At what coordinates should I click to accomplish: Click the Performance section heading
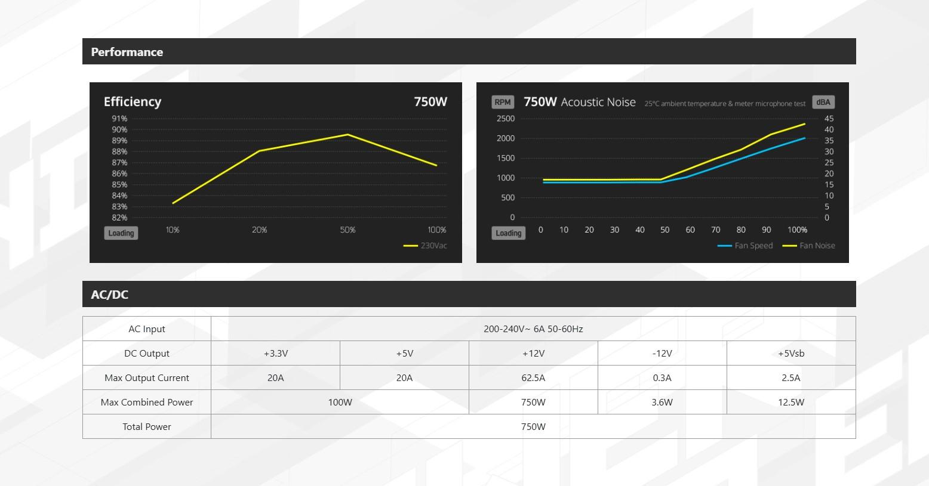coord(127,52)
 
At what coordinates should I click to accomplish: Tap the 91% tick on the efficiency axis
coord(119,119)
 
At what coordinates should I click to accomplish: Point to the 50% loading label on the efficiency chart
coord(347,230)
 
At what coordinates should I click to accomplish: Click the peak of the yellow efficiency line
coord(347,135)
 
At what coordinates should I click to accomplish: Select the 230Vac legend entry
coord(426,246)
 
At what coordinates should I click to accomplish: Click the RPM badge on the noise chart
coord(503,102)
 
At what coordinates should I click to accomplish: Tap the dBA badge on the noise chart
coord(823,102)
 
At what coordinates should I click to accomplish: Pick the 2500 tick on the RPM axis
coord(505,119)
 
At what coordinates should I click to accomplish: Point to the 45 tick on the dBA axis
coord(829,119)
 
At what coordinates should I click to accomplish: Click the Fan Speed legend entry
coord(746,246)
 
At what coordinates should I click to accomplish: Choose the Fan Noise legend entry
coord(810,246)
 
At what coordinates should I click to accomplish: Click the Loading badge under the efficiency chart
coord(121,233)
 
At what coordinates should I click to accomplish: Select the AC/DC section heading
coord(110,295)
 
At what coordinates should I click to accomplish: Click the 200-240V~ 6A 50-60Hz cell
coord(533,329)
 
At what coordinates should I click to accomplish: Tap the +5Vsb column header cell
coord(791,353)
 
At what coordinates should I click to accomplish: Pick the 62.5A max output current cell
coord(533,377)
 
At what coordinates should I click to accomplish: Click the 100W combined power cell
coord(340,402)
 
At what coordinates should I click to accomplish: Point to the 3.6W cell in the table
coord(662,402)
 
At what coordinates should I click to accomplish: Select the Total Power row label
coord(147,426)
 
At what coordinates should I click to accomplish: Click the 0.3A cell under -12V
coord(662,377)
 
